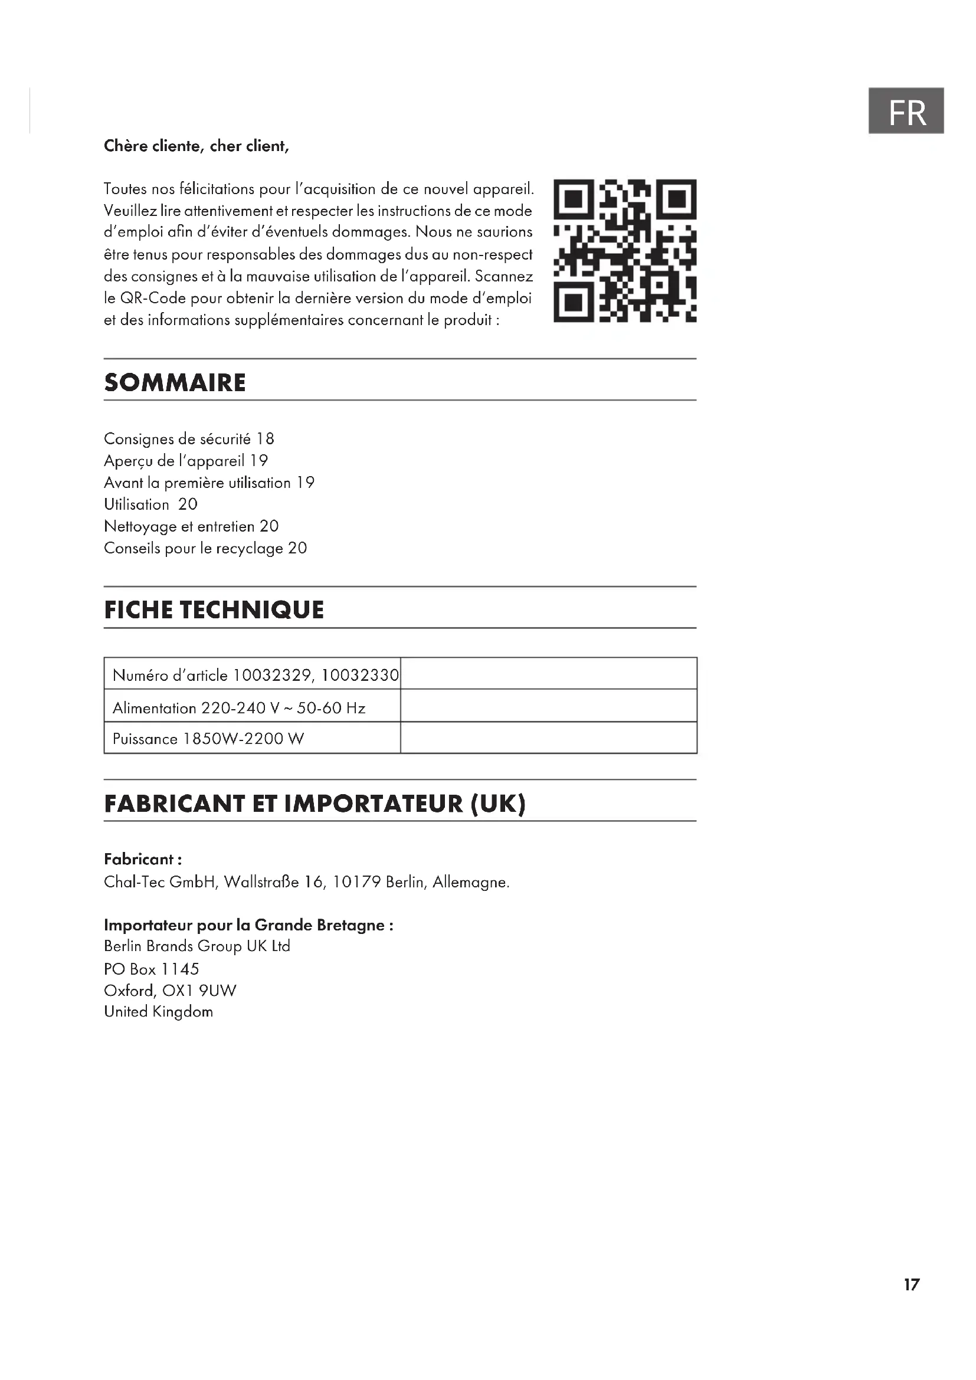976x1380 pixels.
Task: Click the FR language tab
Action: tap(906, 111)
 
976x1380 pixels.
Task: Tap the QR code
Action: tap(624, 251)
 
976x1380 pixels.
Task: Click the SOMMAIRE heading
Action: tap(175, 383)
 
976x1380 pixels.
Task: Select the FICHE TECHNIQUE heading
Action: tap(214, 610)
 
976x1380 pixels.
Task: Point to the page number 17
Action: tap(911, 1285)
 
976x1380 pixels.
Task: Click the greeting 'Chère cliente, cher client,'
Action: tap(196, 146)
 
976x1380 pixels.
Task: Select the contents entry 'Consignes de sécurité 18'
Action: tap(189, 439)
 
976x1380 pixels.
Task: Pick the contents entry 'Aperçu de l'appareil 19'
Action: tap(186, 461)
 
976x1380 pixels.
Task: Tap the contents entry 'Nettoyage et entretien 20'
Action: tap(191, 526)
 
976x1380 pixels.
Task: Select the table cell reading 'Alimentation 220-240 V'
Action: tap(238, 708)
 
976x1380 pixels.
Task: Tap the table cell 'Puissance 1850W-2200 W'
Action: tap(208, 739)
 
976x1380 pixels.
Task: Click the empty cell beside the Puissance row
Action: tap(548, 737)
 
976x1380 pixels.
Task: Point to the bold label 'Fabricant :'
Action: tap(143, 859)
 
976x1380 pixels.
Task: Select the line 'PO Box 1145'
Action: tap(152, 969)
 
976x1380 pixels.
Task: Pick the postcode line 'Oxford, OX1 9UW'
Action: tap(170, 991)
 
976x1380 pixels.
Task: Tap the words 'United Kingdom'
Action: tap(159, 1012)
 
